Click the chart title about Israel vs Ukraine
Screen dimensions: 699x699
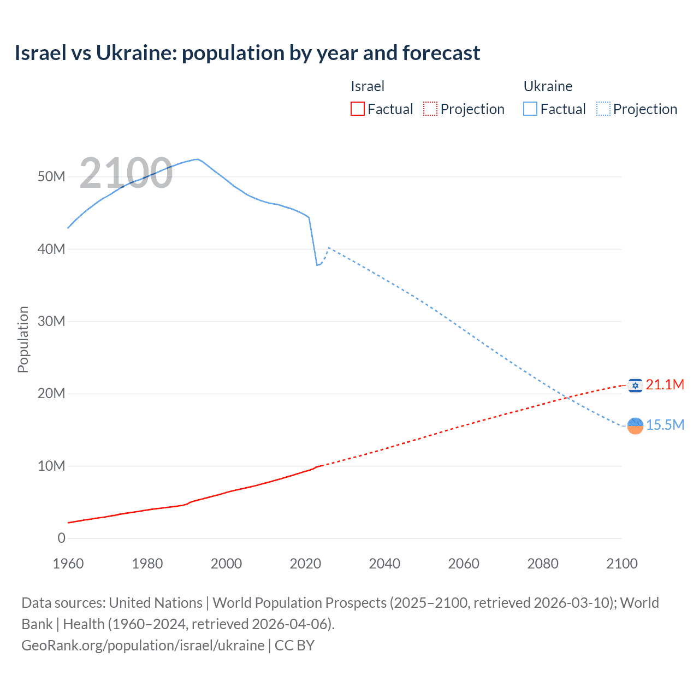click(x=247, y=53)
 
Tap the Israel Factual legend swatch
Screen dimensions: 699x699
click(x=357, y=109)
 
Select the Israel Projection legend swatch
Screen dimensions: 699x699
click(x=430, y=109)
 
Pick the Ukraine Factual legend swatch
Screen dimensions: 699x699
click(x=530, y=109)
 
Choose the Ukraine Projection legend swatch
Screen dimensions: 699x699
click(x=603, y=109)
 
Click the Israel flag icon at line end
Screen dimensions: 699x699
click(x=635, y=386)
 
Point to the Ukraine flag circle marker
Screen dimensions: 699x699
click(x=635, y=425)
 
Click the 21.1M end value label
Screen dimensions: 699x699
click(x=665, y=385)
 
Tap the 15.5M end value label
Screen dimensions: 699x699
click(x=665, y=425)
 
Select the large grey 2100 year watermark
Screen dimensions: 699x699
click(x=126, y=173)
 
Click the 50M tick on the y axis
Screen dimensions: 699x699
click(x=51, y=177)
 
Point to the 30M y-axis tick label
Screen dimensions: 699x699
click(x=51, y=322)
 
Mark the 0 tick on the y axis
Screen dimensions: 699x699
click(x=61, y=538)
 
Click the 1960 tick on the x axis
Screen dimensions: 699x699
click(x=68, y=564)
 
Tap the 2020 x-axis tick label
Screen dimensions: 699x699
click(x=305, y=564)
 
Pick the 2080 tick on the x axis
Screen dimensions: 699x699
click(x=543, y=564)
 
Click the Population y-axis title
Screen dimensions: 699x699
click(x=23, y=339)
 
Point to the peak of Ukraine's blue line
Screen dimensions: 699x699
click(x=197, y=159)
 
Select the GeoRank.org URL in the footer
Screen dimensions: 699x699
click(x=143, y=645)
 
